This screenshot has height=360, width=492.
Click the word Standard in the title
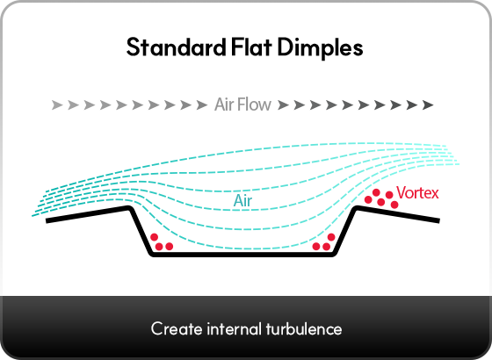(176, 47)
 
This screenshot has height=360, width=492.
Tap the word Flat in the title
(251, 47)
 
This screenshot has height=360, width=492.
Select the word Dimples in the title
(320, 47)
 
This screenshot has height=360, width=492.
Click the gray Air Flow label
(242, 104)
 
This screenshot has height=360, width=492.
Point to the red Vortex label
(417, 192)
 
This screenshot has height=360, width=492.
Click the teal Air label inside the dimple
(242, 201)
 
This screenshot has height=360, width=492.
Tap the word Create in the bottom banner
(177, 328)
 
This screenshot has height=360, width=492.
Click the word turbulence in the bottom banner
(304, 328)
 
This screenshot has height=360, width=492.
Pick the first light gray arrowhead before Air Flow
(57, 104)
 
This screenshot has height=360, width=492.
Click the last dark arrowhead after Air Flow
(428, 104)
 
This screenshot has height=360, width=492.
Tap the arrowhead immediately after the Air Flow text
(283, 104)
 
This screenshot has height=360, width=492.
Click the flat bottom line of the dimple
(242, 255)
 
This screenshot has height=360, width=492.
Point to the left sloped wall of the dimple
(140, 230)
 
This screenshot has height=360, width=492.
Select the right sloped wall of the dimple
(345, 230)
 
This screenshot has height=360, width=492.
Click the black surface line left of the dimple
(88, 214)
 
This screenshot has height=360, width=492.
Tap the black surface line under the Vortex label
(398, 214)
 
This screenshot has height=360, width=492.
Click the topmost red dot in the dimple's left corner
(154, 237)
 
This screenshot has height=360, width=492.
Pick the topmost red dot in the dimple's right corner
(331, 237)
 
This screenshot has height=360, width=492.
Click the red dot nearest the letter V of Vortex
(389, 195)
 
